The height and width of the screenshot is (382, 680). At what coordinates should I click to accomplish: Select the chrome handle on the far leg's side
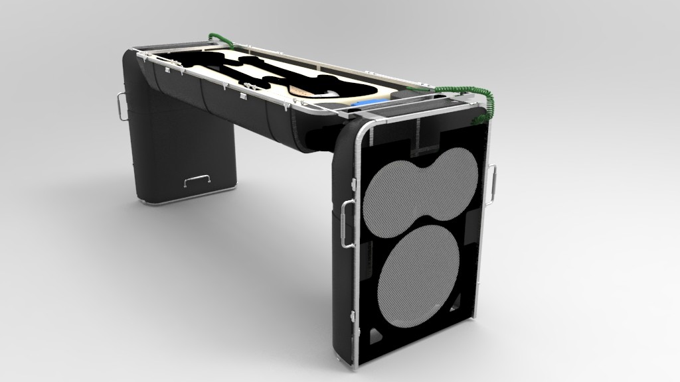(x=120, y=106)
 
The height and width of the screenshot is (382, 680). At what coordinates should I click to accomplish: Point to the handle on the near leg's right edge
(x=492, y=185)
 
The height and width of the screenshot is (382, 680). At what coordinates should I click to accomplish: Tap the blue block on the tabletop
(x=362, y=104)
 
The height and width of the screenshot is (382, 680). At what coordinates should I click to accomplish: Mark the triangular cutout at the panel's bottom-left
(x=373, y=335)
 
